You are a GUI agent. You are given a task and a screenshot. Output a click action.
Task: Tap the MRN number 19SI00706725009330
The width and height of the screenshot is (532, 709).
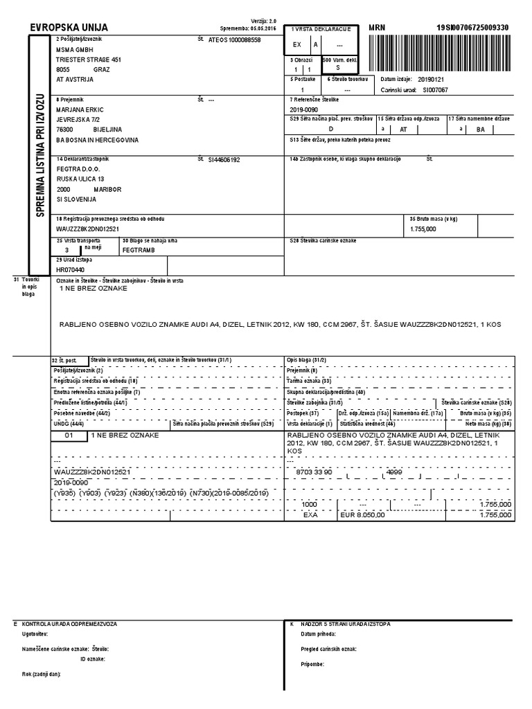(472, 28)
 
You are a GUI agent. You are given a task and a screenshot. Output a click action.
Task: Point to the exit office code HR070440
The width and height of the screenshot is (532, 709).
(70, 269)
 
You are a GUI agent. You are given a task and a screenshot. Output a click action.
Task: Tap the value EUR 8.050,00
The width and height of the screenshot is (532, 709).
(362, 515)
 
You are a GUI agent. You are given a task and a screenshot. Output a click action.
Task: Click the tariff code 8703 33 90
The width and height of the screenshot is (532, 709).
(314, 472)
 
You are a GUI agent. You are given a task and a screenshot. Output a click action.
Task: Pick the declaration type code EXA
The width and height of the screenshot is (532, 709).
(310, 515)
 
